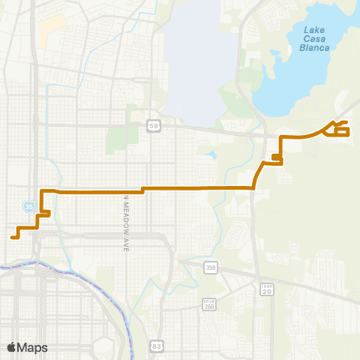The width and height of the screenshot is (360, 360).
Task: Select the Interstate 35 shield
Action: coord(28,205)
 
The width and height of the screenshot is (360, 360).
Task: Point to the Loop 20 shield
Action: coord(266,290)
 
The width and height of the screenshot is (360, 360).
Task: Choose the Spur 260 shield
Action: coord(209,304)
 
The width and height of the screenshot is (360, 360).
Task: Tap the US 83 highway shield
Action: coord(156,346)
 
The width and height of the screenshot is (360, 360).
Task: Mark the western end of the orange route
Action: coord(13,237)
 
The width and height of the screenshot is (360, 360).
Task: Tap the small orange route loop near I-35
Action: coord(43,214)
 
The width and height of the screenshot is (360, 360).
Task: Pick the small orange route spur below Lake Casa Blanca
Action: coord(277,157)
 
